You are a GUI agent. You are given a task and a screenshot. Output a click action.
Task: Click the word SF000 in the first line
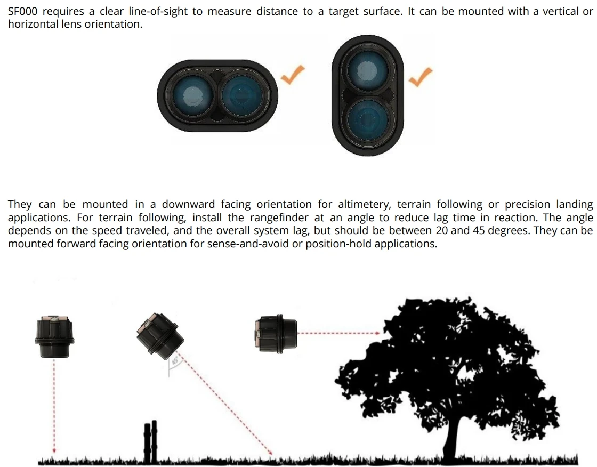23,11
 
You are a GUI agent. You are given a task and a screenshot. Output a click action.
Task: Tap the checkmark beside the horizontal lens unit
293,75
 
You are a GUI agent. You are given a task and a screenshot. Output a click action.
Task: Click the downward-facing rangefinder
54,336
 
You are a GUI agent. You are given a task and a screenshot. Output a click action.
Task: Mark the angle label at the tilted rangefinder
174,363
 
